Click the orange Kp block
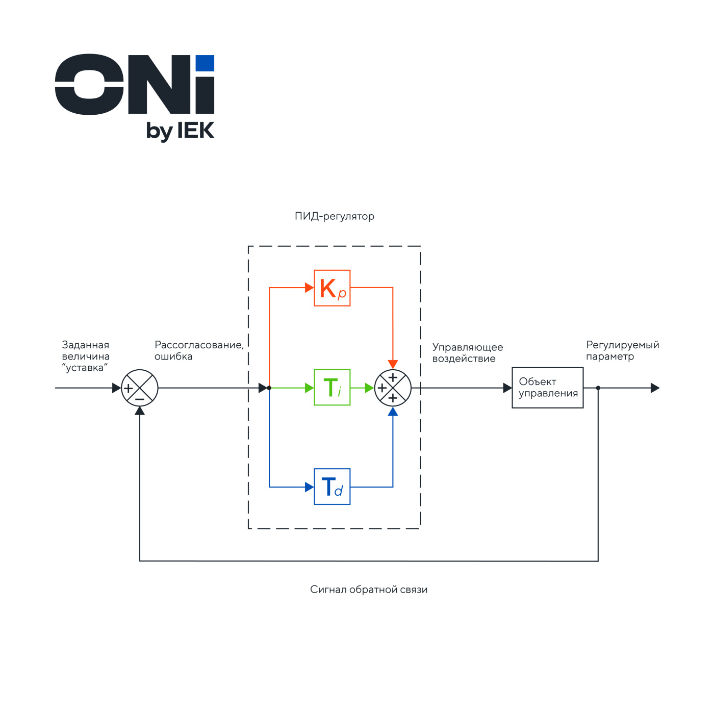[332, 288]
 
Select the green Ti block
[332, 388]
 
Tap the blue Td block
[332, 487]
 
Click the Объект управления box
[547, 388]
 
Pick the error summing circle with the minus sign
[140, 388]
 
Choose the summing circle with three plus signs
[393, 388]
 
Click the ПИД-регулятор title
[335, 216]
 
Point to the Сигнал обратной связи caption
[369, 590]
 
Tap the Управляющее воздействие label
[467, 353]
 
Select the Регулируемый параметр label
[622, 351]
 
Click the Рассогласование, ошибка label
[199, 351]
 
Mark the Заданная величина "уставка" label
[86, 356]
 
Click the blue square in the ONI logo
[205, 63]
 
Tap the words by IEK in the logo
[180, 131]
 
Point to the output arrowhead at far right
[655, 388]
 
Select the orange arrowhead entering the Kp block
[309, 288]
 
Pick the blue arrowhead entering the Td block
[309, 487]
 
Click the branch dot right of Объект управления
[598, 388]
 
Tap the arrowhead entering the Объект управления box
[507, 388]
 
